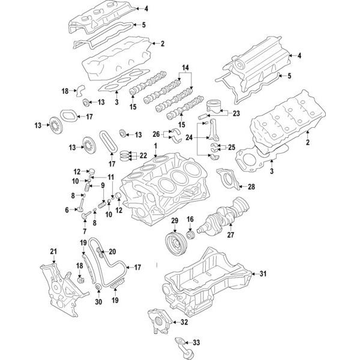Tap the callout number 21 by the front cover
tap(53, 251)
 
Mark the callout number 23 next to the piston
tap(236, 113)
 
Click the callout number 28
tap(251, 187)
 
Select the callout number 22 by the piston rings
tap(143, 155)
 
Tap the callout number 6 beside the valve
tap(67, 210)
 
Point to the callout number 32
tap(184, 323)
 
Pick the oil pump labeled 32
tap(156, 319)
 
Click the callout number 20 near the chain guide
tap(112, 252)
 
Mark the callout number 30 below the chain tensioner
tap(99, 302)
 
